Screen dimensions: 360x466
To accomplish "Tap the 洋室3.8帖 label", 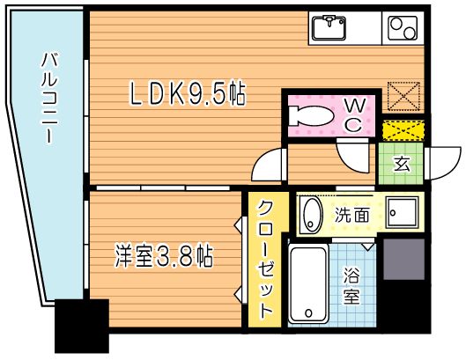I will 164,257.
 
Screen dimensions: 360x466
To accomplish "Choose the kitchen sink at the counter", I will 332,27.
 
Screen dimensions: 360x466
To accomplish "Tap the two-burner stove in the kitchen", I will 404,28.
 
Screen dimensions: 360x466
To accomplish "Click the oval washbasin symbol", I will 310,215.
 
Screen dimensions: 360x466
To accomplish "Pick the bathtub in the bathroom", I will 308,284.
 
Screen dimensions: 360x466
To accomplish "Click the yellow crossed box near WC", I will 403,130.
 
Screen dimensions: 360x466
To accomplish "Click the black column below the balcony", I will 82,327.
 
